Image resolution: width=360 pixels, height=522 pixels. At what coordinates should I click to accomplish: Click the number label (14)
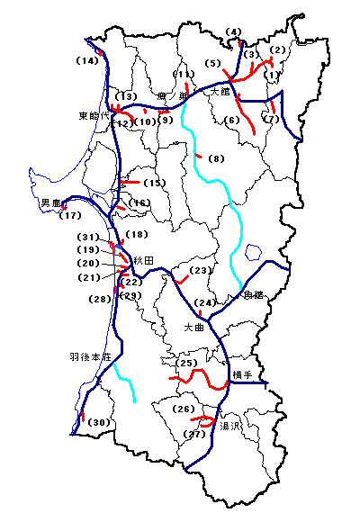[x=87, y=61]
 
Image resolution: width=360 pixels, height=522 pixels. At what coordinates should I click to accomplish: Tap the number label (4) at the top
[x=235, y=33]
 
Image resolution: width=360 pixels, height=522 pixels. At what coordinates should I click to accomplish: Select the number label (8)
[x=216, y=159]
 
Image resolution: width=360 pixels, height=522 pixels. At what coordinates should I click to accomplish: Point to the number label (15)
[x=156, y=184]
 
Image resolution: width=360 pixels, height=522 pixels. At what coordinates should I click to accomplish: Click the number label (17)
[x=70, y=216]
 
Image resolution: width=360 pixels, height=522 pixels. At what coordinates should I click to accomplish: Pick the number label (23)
[x=200, y=271]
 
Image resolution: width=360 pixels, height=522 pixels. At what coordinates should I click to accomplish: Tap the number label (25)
[x=187, y=364]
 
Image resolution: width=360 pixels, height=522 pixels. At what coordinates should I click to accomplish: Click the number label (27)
[x=194, y=435]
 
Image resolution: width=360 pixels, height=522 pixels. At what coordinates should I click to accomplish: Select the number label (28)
[x=99, y=299]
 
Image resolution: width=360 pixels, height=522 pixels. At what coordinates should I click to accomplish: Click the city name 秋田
[x=144, y=260]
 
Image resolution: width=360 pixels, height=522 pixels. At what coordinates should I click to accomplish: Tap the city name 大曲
[x=195, y=328]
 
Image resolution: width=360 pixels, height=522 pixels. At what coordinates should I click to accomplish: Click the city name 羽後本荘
[x=89, y=357]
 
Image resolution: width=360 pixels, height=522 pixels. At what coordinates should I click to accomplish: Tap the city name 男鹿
[x=50, y=203]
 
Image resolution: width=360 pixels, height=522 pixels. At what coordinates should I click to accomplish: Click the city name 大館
[x=221, y=92]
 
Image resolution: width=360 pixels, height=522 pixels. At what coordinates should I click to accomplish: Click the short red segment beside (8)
[x=198, y=156]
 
